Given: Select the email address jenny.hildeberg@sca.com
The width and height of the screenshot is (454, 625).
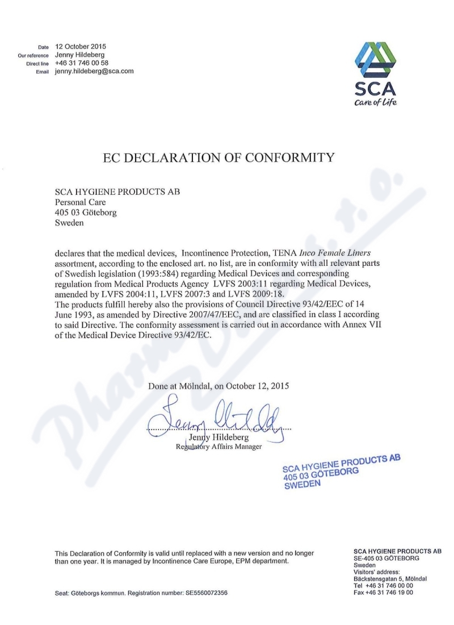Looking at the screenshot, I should coord(94,72).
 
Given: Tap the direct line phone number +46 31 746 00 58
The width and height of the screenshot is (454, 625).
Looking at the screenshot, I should coord(82,63).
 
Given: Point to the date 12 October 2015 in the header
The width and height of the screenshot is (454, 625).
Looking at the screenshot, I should coord(81,46).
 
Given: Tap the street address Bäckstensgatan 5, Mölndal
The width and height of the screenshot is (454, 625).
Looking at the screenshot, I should coord(390,578).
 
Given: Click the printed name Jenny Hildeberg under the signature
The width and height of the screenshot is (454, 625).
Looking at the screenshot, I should coord(222,438).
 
